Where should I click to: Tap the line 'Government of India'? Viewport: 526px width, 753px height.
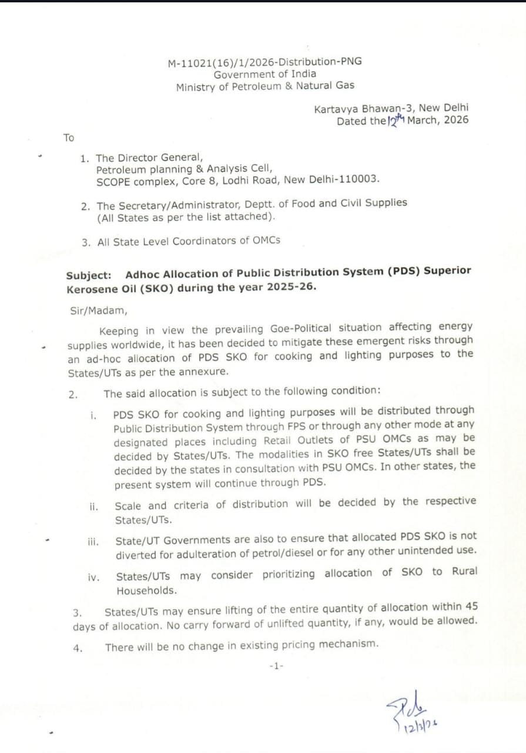pyautogui.click(x=264, y=74)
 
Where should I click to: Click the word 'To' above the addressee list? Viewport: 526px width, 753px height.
pyautogui.click(x=69, y=138)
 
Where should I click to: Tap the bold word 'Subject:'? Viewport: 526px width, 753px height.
pyautogui.click(x=88, y=274)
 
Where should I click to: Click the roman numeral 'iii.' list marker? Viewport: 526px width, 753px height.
pyautogui.click(x=93, y=541)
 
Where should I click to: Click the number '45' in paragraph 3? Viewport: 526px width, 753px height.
pyautogui.click(x=471, y=605)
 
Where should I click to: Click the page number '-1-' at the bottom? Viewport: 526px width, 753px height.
pyautogui.click(x=276, y=666)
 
